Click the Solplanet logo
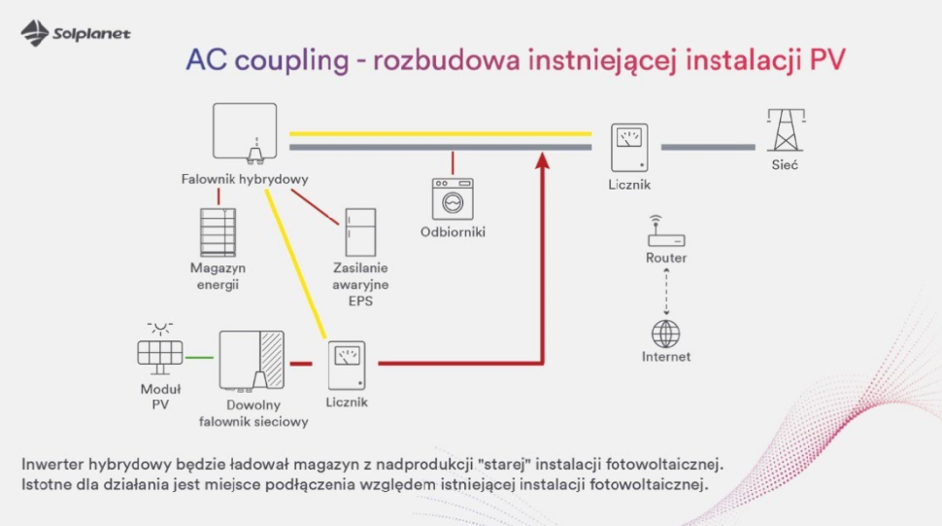click(x=76, y=34)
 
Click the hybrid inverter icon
click(x=245, y=134)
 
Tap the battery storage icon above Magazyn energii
click(x=218, y=232)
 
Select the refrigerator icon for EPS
click(x=360, y=232)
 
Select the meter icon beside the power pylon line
click(x=628, y=147)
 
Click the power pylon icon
click(x=785, y=129)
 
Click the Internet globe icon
click(x=666, y=333)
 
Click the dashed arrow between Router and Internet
click(x=666, y=289)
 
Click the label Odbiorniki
click(x=453, y=232)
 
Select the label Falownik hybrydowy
click(x=245, y=179)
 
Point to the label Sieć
click(x=785, y=166)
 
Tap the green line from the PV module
click(x=199, y=358)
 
